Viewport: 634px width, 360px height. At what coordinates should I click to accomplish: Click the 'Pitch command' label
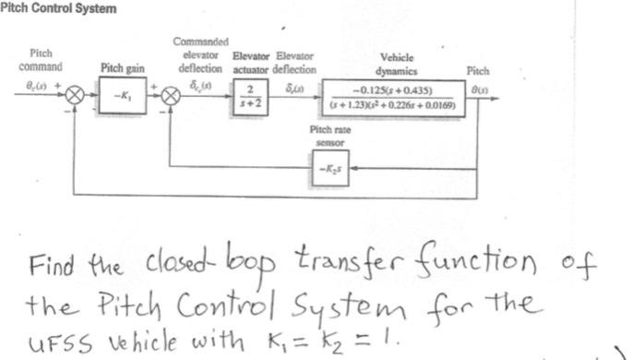41,61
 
